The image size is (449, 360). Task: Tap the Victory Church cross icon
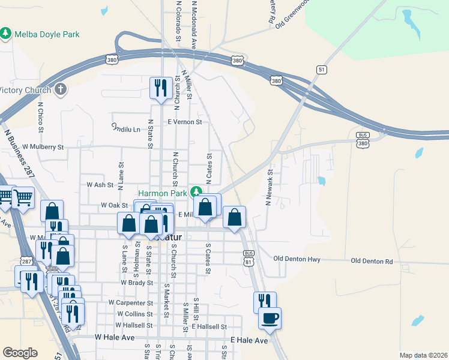[59, 90]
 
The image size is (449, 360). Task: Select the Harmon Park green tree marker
[196, 193]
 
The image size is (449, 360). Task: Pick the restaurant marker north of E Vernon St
[161, 88]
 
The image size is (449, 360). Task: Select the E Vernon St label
[185, 122]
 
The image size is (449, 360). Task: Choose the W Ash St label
[100, 185]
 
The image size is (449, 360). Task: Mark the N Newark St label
[270, 187]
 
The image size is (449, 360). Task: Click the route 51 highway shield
[322, 70]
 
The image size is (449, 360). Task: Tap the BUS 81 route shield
[248, 259]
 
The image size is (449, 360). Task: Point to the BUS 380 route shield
[362, 140]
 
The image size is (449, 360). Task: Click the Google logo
[20, 353]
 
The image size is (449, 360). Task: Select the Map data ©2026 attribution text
[423, 355]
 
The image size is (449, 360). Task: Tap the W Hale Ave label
[115, 338]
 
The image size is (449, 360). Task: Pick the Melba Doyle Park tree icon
[6, 33]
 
